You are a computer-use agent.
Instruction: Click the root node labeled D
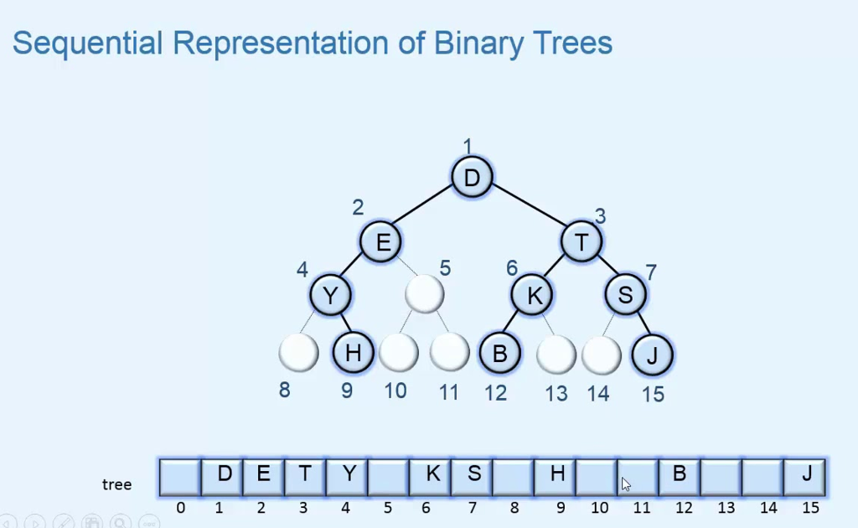point(472,178)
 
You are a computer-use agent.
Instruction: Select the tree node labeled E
point(382,242)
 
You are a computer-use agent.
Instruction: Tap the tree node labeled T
point(581,242)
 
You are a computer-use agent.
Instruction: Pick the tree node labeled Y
point(330,295)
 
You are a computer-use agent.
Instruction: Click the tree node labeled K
point(533,295)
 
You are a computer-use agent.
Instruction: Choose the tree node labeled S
point(626,294)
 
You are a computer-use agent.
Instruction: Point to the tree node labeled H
point(353,353)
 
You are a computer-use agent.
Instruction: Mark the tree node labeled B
point(499,353)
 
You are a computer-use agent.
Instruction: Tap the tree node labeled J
point(652,355)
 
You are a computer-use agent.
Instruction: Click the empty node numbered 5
point(424,293)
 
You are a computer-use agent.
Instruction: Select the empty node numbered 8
point(298,353)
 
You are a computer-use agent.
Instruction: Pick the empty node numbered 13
point(556,355)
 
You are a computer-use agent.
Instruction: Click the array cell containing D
point(222,476)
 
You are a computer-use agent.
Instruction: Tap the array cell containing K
point(431,476)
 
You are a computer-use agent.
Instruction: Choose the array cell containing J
point(805,476)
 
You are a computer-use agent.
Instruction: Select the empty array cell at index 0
point(180,476)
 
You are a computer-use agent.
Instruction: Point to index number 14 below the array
point(768,508)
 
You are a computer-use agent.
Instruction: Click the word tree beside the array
point(116,484)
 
